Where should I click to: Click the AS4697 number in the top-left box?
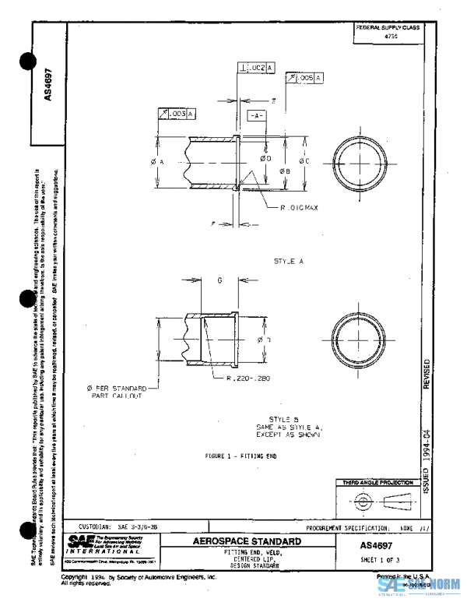coord(48,86)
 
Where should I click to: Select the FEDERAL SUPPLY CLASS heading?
coord(387,27)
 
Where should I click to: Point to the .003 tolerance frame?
coord(177,114)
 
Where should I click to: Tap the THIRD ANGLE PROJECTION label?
coord(377,483)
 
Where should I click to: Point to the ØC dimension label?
coord(304,161)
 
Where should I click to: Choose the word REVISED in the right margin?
coord(425,375)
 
